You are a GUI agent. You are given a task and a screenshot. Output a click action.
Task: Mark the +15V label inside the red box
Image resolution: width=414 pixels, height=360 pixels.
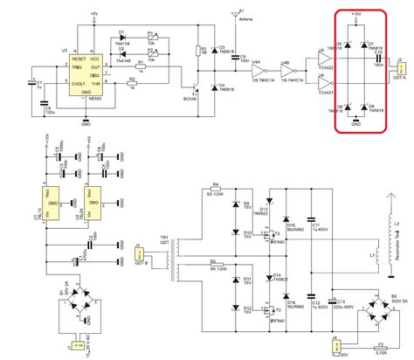356,15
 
